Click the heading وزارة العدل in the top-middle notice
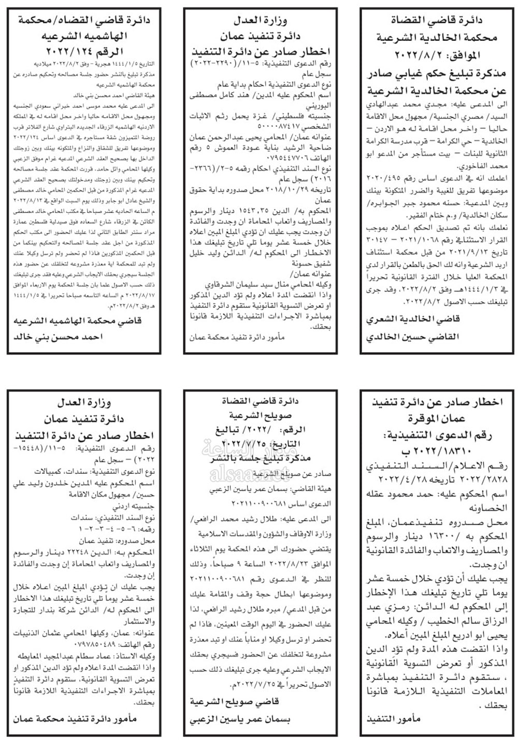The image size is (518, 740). click(262, 21)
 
